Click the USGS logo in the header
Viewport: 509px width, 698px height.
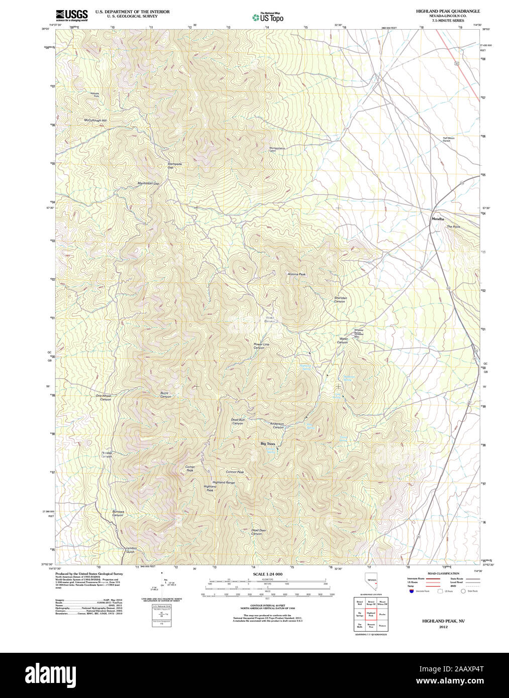(x=71, y=15)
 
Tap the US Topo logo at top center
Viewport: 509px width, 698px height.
(x=268, y=18)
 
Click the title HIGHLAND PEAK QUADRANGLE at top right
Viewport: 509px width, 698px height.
(x=447, y=11)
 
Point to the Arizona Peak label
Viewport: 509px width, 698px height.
(x=296, y=274)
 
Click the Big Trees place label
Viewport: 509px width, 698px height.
(x=268, y=444)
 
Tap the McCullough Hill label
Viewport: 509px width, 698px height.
(x=95, y=121)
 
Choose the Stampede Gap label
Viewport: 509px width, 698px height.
(x=174, y=165)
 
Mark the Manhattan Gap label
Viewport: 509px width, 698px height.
(x=148, y=183)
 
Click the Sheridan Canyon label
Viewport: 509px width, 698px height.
(x=340, y=299)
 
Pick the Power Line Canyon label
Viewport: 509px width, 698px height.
(x=261, y=346)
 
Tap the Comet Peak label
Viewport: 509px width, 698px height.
(x=189, y=469)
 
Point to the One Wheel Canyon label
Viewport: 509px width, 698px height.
(x=105, y=397)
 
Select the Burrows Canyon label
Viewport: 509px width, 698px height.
(x=118, y=513)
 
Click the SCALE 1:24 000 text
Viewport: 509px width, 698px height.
(x=267, y=574)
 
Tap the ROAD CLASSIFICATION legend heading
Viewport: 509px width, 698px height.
(x=443, y=573)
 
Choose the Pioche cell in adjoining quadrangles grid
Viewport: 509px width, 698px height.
(x=382, y=614)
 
